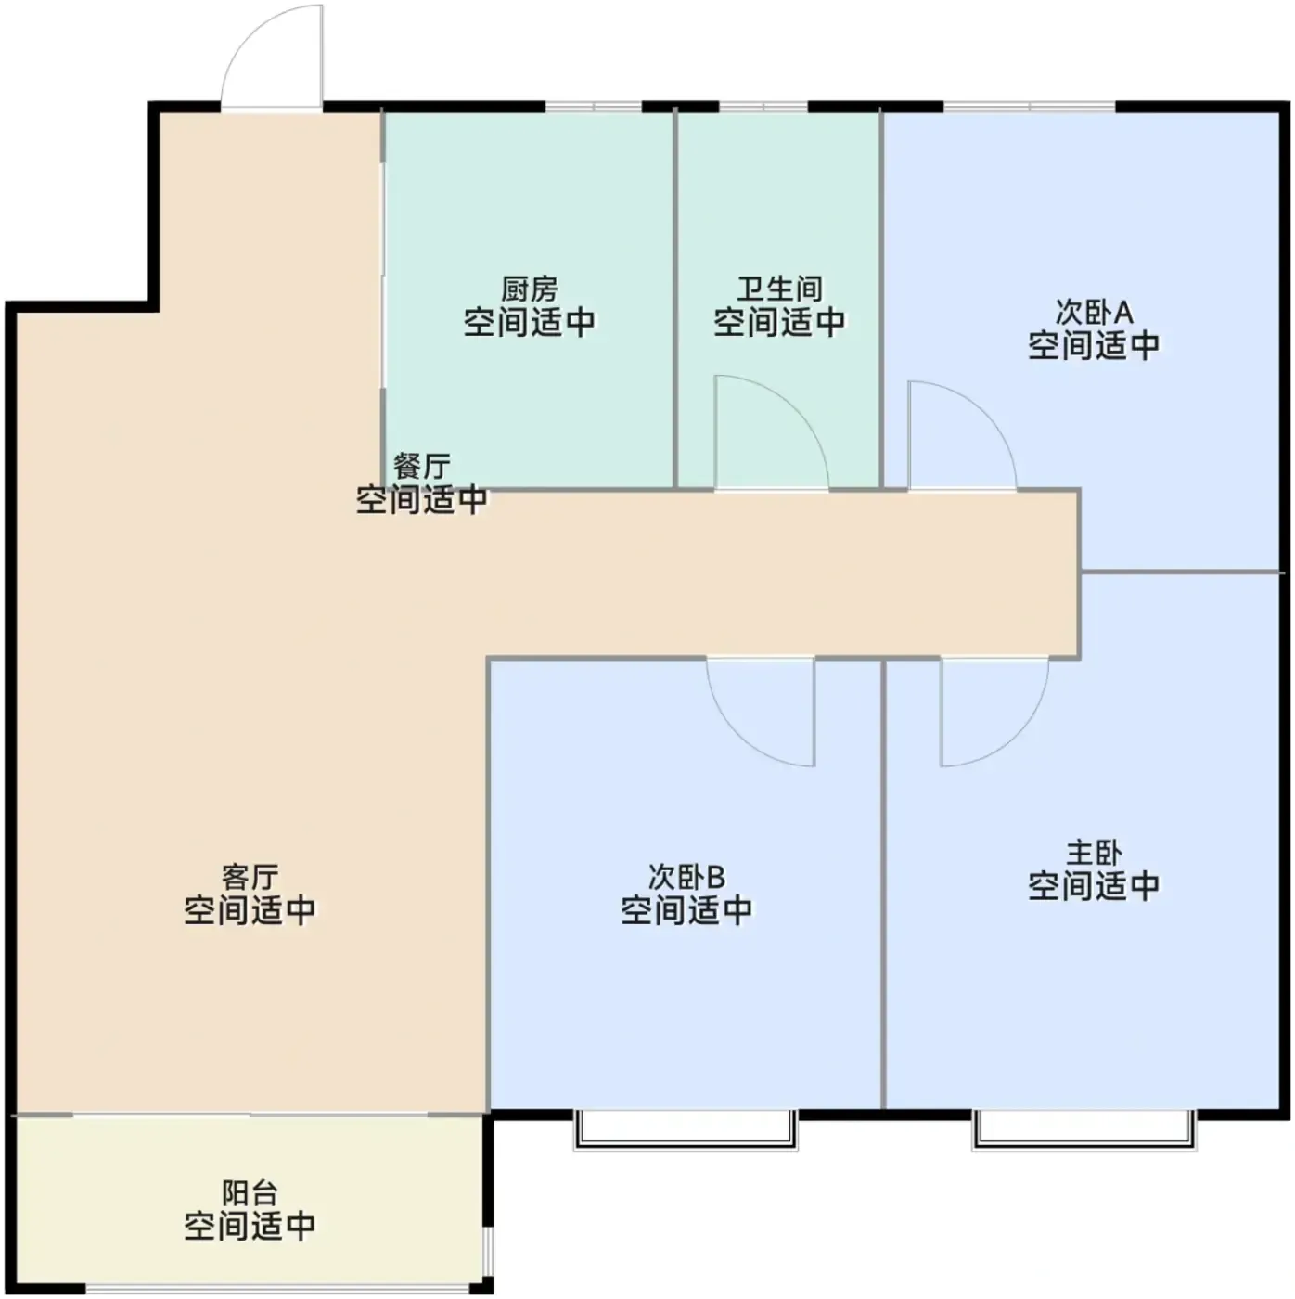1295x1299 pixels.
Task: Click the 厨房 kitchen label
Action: (x=529, y=289)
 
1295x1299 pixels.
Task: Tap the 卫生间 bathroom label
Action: (x=779, y=289)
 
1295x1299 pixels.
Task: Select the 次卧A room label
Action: (x=1094, y=312)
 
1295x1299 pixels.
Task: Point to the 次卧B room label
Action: (x=686, y=876)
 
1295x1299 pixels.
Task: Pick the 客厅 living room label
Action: (x=250, y=876)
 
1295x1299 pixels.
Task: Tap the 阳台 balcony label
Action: (x=250, y=1192)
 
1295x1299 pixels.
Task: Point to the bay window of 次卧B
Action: (x=686, y=1130)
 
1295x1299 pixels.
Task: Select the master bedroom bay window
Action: (x=1084, y=1130)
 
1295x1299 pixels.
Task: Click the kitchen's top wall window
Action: (x=594, y=107)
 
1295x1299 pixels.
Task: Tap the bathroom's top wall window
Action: (x=763, y=107)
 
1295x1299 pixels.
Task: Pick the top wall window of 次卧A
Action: (x=1030, y=107)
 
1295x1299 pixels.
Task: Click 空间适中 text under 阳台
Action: (x=250, y=1224)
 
